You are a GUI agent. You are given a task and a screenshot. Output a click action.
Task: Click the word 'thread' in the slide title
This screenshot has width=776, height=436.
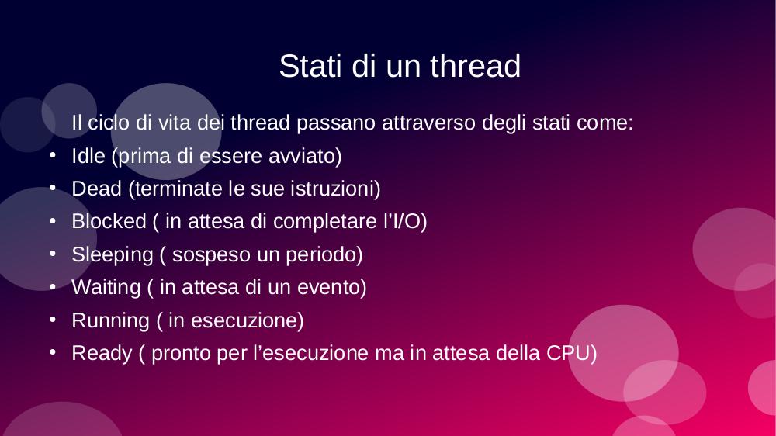pos(475,66)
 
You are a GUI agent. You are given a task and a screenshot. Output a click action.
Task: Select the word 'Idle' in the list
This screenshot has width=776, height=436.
pos(88,156)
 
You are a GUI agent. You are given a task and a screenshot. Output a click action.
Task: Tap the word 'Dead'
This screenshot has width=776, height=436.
pos(96,189)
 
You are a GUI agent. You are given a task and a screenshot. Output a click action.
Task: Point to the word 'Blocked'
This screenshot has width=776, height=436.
pos(109,221)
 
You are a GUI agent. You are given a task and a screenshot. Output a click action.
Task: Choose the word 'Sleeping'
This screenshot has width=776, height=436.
pos(113,255)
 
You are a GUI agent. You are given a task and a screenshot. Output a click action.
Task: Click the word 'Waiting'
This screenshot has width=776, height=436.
pos(106,288)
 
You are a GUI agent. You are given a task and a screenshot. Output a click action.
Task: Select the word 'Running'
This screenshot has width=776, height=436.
pos(110,320)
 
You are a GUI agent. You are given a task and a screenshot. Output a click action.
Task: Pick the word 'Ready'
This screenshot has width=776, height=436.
pos(102,353)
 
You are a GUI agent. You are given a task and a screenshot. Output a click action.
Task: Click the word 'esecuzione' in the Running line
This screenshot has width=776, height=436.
pos(244,320)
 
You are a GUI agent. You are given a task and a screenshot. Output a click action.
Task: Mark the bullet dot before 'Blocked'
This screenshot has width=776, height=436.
pos(53,221)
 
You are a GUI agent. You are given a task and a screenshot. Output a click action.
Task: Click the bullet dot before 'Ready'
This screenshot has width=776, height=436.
pos(53,353)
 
